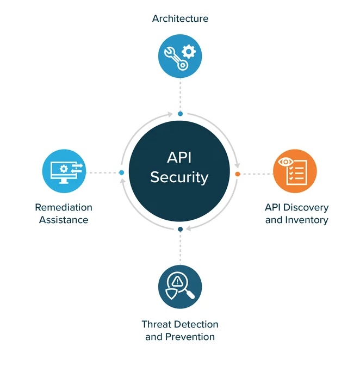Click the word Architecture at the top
pyautogui.click(x=180, y=18)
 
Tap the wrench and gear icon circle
pyautogui.click(x=180, y=56)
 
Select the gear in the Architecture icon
pyautogui.click(x=188, y=52)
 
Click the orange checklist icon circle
pyautogui.click(x=295, y=171)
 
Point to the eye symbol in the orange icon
pyautogui.click(x=285, y=162)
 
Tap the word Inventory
pyautogui.click(x=307, y=220)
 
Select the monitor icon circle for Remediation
pyautogui.click(x=64, y=171)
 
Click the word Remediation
pyautogui.click(x=64, y=207)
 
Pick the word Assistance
pyautogui.click(x=64, y=220)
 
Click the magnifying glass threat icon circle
pyautogui.click(x=180, y=287)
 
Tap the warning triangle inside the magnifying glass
pyautogui.click(x=178, y=281)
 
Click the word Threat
pyautogui.click(x=157, y=324)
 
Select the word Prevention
pyautogui.click(x=190, y=337)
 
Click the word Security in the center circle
pyautogui.click(x=179, y=177)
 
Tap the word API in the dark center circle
pyautogui.click(x=179, y=158)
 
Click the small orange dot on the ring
pyautogui.click(x=238, y=174)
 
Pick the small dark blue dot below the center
pyautogui.click(x=180, y=230)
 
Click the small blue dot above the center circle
pyautogui.click(x=180, y=114)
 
